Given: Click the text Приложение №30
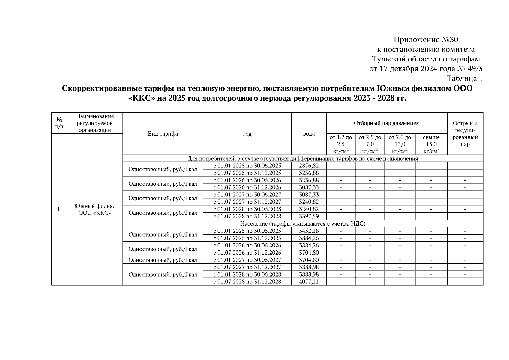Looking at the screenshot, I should [426, 40].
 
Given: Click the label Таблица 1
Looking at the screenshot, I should [465, 79].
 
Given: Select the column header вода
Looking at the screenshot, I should [309, 134].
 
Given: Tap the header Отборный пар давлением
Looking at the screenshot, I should [386, 123].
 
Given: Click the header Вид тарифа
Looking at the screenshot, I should [163, 134].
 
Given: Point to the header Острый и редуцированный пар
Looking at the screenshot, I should [465, 133].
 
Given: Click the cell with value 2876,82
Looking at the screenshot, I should [309, 166].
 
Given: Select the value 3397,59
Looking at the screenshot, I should [309, 216].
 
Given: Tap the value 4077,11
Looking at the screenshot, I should [309, 282].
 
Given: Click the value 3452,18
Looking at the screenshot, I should [309, 231].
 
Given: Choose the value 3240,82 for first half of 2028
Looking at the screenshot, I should [309, 209].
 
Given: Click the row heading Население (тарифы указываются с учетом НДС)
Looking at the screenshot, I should [302, 224].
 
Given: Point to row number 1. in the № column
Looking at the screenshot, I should [59, 210].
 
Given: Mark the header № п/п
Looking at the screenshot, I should [59, 123].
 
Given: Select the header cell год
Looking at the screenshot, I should [247, 134].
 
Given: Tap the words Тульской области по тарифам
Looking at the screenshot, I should [426, 59].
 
